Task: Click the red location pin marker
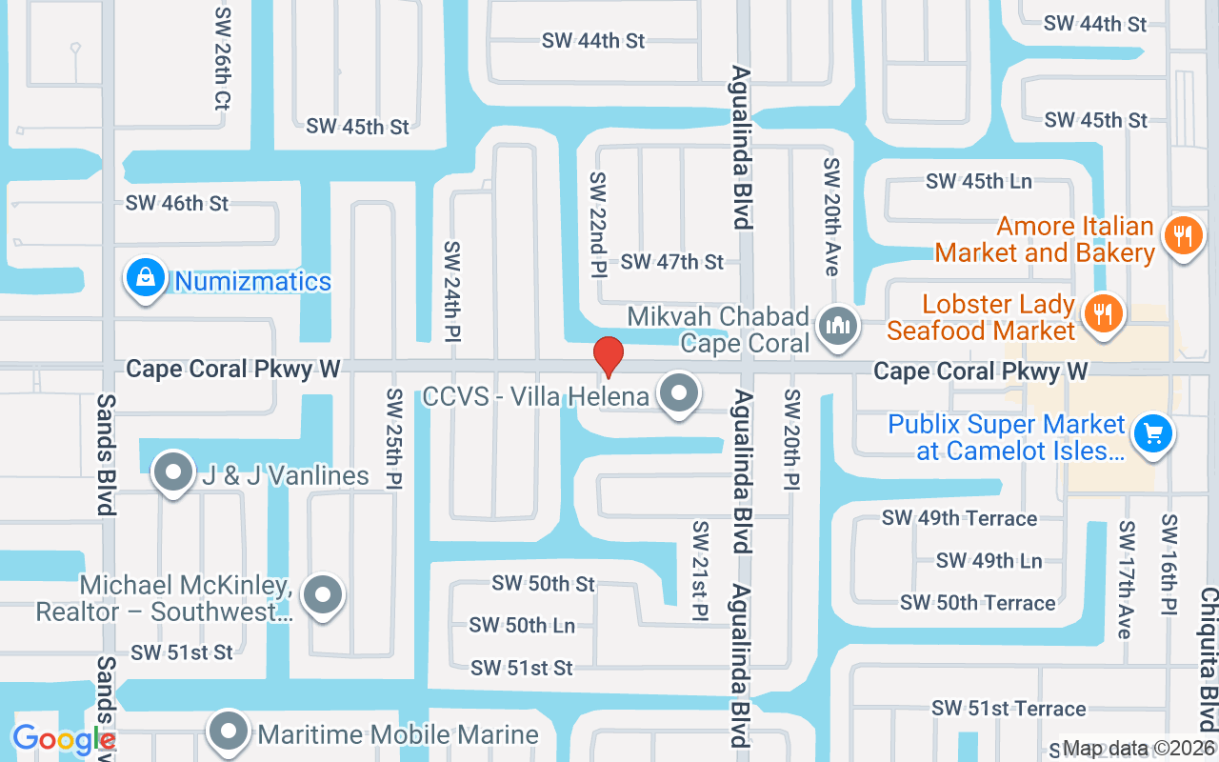coord(608,356)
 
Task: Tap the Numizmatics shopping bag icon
coord(145,278)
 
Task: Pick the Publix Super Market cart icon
coord(1152,435)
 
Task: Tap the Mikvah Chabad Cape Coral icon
coord(838,327)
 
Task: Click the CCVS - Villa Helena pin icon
coord(679,392)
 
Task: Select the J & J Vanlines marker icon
coord(173,472)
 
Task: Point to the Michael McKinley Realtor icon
coord(322,595)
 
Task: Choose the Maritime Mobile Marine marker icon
coord(229,732)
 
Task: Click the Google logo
coord(63,740)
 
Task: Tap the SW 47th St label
coord(672,262)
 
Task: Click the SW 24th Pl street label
coord(452,291)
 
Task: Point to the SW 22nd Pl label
coord(598,225)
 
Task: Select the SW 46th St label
coord(177,203)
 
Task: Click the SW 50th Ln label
coord(522,626)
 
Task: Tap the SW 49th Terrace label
coord(959,518)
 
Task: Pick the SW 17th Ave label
coord(1127,579)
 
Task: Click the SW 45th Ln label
coord(979,181)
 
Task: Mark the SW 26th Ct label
coord(223,59)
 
